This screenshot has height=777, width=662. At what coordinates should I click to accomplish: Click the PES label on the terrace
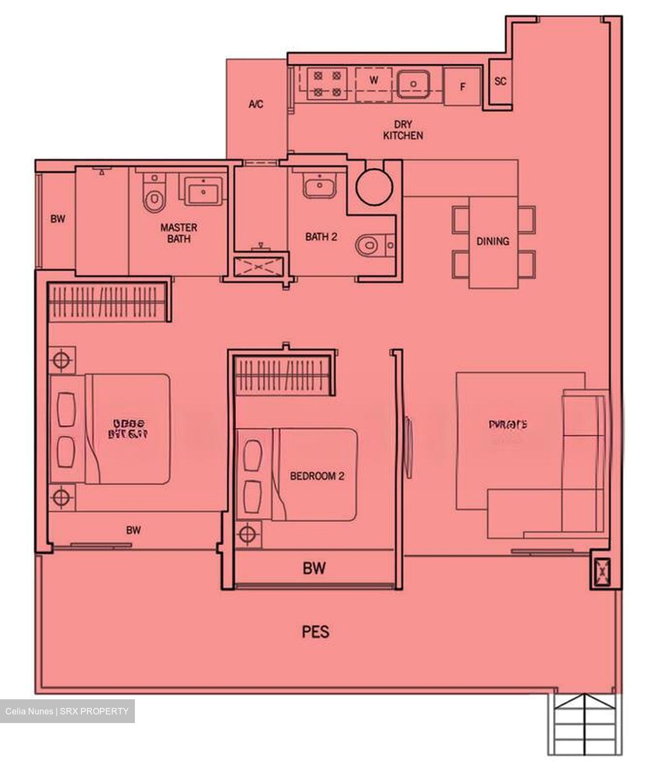(x=316, y=632)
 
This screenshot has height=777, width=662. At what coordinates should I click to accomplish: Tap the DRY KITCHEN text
(x=402, y=130)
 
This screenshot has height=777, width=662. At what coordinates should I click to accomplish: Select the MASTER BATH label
(x=179, y=233)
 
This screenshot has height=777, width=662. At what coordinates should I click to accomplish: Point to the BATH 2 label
(x=321, y=236)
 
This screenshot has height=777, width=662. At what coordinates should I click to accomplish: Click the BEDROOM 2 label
(x=317, y=476)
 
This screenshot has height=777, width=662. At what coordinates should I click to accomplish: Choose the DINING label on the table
(x=493, y=241)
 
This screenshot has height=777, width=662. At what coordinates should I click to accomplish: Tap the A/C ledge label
(x=256, y=104)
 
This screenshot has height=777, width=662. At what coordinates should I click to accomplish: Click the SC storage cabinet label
(x=501, y=81)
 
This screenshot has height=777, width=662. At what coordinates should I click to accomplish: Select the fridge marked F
(x=462, y=86)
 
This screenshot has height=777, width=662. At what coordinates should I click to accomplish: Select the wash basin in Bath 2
(x=320, y=185)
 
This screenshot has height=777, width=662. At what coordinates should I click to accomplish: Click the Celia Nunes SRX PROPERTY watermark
(x=67, y=711)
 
